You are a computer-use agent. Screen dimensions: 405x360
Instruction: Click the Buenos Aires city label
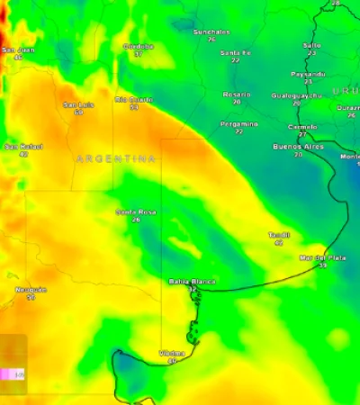click(x=298, y=146)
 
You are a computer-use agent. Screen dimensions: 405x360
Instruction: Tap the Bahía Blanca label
click(x=193, y=282)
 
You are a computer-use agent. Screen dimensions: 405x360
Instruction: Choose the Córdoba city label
click(x=138, y=47)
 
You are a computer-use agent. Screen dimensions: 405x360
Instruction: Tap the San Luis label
click(x=78, y=105)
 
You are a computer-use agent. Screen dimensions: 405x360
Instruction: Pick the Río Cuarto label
click(x=133, y=100)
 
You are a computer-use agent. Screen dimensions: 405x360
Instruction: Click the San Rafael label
click(x=23, y=147)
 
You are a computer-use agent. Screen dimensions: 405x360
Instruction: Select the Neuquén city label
click(x=31, y=290)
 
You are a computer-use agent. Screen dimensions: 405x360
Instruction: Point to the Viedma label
click(x=172, y=353)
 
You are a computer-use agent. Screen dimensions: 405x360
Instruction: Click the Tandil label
click(x=278, y=235)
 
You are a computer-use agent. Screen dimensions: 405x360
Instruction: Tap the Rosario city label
click(x=237, y=94)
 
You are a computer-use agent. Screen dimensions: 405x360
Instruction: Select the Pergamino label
click(x=238, y=124)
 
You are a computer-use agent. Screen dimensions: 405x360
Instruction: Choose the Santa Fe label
click(x=235, y=53)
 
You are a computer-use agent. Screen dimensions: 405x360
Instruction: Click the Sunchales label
click(x=211, y=32)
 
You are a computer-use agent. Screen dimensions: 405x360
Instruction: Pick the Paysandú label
click(x=308, y=74)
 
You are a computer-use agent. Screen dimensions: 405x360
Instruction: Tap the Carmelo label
click(x=301, y=127)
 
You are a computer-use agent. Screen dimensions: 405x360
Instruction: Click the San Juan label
click(x=18, y=50)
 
